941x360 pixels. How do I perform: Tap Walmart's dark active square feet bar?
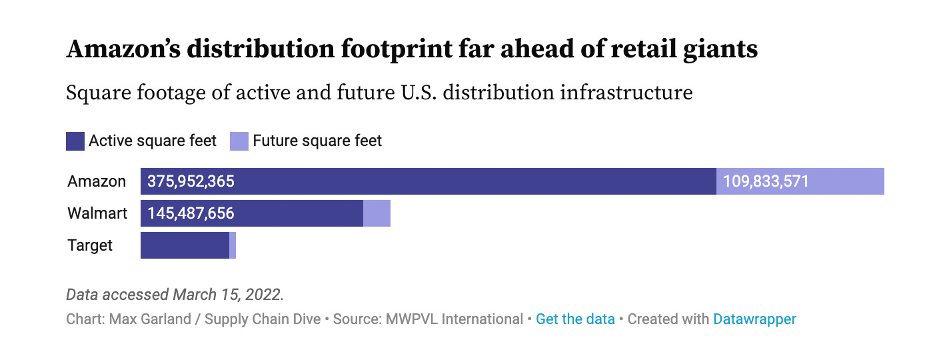click(x=300, y=213)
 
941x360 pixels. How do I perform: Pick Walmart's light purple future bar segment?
click(x=377, y=213)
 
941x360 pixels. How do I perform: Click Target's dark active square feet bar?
click(x=185, y=245)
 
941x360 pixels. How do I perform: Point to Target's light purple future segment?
click(x=233, y=245)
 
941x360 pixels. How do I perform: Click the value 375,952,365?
click(x=191, y=181)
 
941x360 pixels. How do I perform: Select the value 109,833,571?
click(x=766, y=181)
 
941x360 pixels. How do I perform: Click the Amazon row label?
click(x=97, y=181)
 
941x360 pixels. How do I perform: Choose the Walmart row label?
click(x=97, y=213)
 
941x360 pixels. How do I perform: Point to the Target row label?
click(x=90, y=245)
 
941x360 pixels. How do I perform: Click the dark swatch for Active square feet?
click(x=75, y=141)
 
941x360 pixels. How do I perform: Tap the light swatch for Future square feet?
click(x=239, y=141)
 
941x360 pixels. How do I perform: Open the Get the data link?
click(x=575, y=319)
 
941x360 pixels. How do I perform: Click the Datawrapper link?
click(x=754, y=319)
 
